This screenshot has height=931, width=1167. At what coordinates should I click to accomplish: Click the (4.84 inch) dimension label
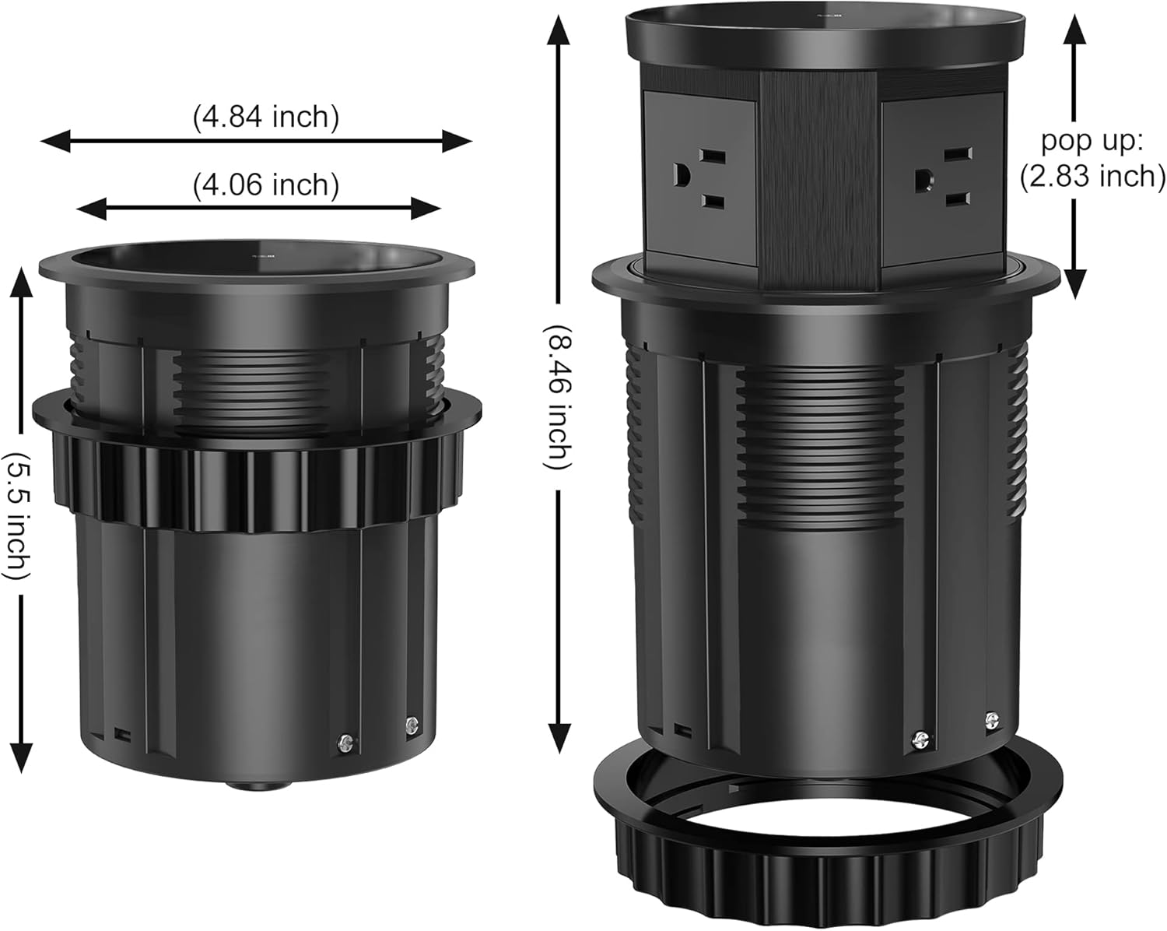tap(266, 118)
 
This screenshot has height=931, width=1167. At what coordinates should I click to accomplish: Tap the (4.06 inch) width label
tap(266, 185)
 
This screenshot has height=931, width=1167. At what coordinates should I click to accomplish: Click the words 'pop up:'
tap(1092, 141)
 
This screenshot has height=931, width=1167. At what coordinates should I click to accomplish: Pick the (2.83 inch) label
tap(1092, 177)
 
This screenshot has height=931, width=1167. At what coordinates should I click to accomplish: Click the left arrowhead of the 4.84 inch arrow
tap(55, 142)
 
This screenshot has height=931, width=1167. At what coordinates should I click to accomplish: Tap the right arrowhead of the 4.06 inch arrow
tap(426, 209)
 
